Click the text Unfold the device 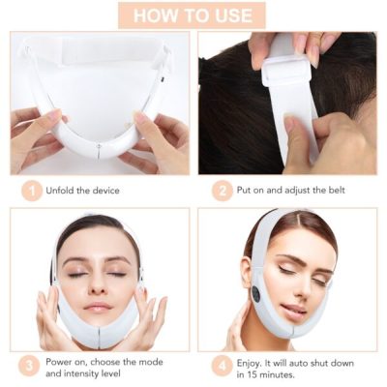82,191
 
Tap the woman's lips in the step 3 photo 97,307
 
